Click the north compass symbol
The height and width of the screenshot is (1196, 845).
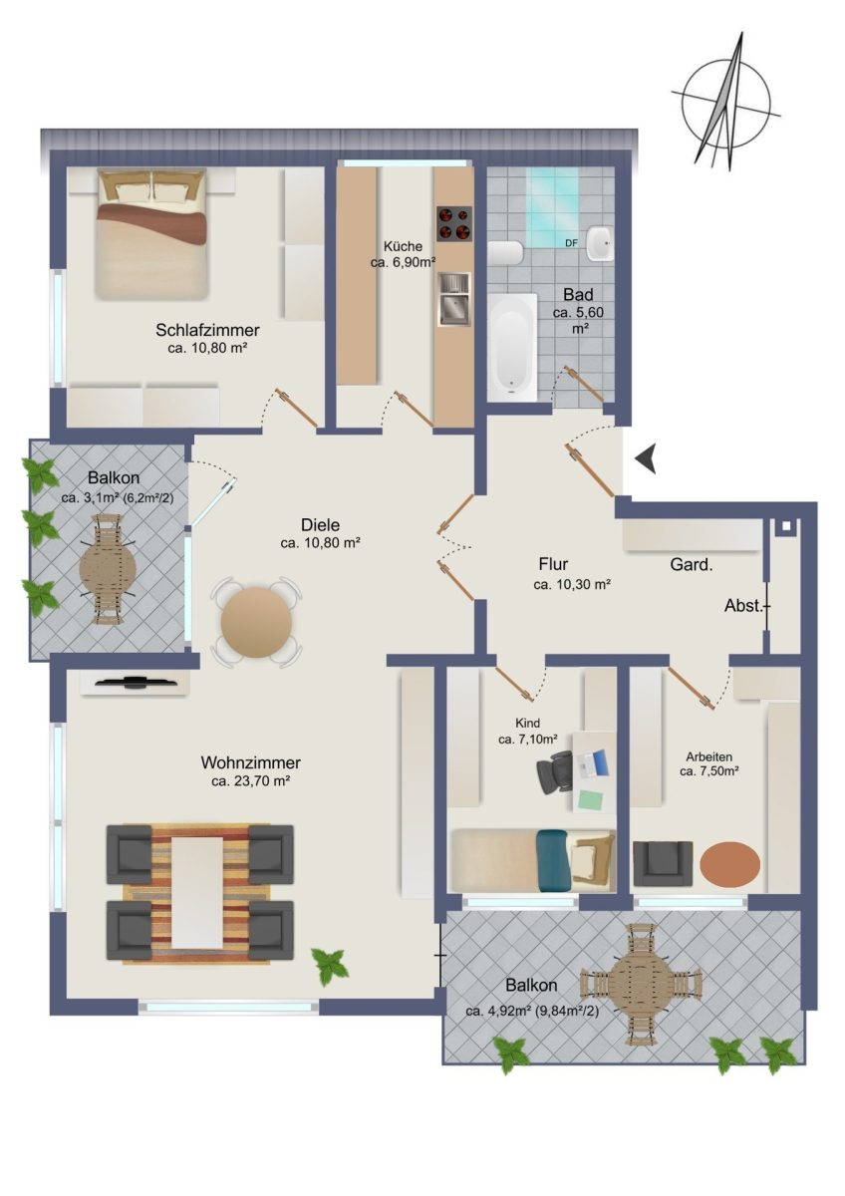coord(726,102)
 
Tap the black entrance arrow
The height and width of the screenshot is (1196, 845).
coord(646,458)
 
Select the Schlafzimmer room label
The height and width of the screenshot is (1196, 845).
coord(207,330)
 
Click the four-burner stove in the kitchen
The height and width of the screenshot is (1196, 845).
coord(454,223)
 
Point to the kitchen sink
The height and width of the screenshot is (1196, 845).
coord(454,299)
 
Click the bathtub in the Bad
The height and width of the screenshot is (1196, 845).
coord(512,347)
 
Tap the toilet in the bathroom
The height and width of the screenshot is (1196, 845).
coord(505,252)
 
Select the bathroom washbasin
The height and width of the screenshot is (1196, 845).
coord(601,243)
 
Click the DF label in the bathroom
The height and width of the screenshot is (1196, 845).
coord(571,243)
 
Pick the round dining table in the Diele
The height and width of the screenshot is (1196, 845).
coord(256,622)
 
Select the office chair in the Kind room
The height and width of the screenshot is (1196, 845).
coord(554,772)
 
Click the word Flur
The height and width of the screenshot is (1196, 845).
coord(554,563)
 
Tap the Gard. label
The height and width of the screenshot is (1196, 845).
coord(692,565)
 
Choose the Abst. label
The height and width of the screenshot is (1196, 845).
coord(743,606)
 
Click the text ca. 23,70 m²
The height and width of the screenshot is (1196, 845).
coord(250,781)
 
